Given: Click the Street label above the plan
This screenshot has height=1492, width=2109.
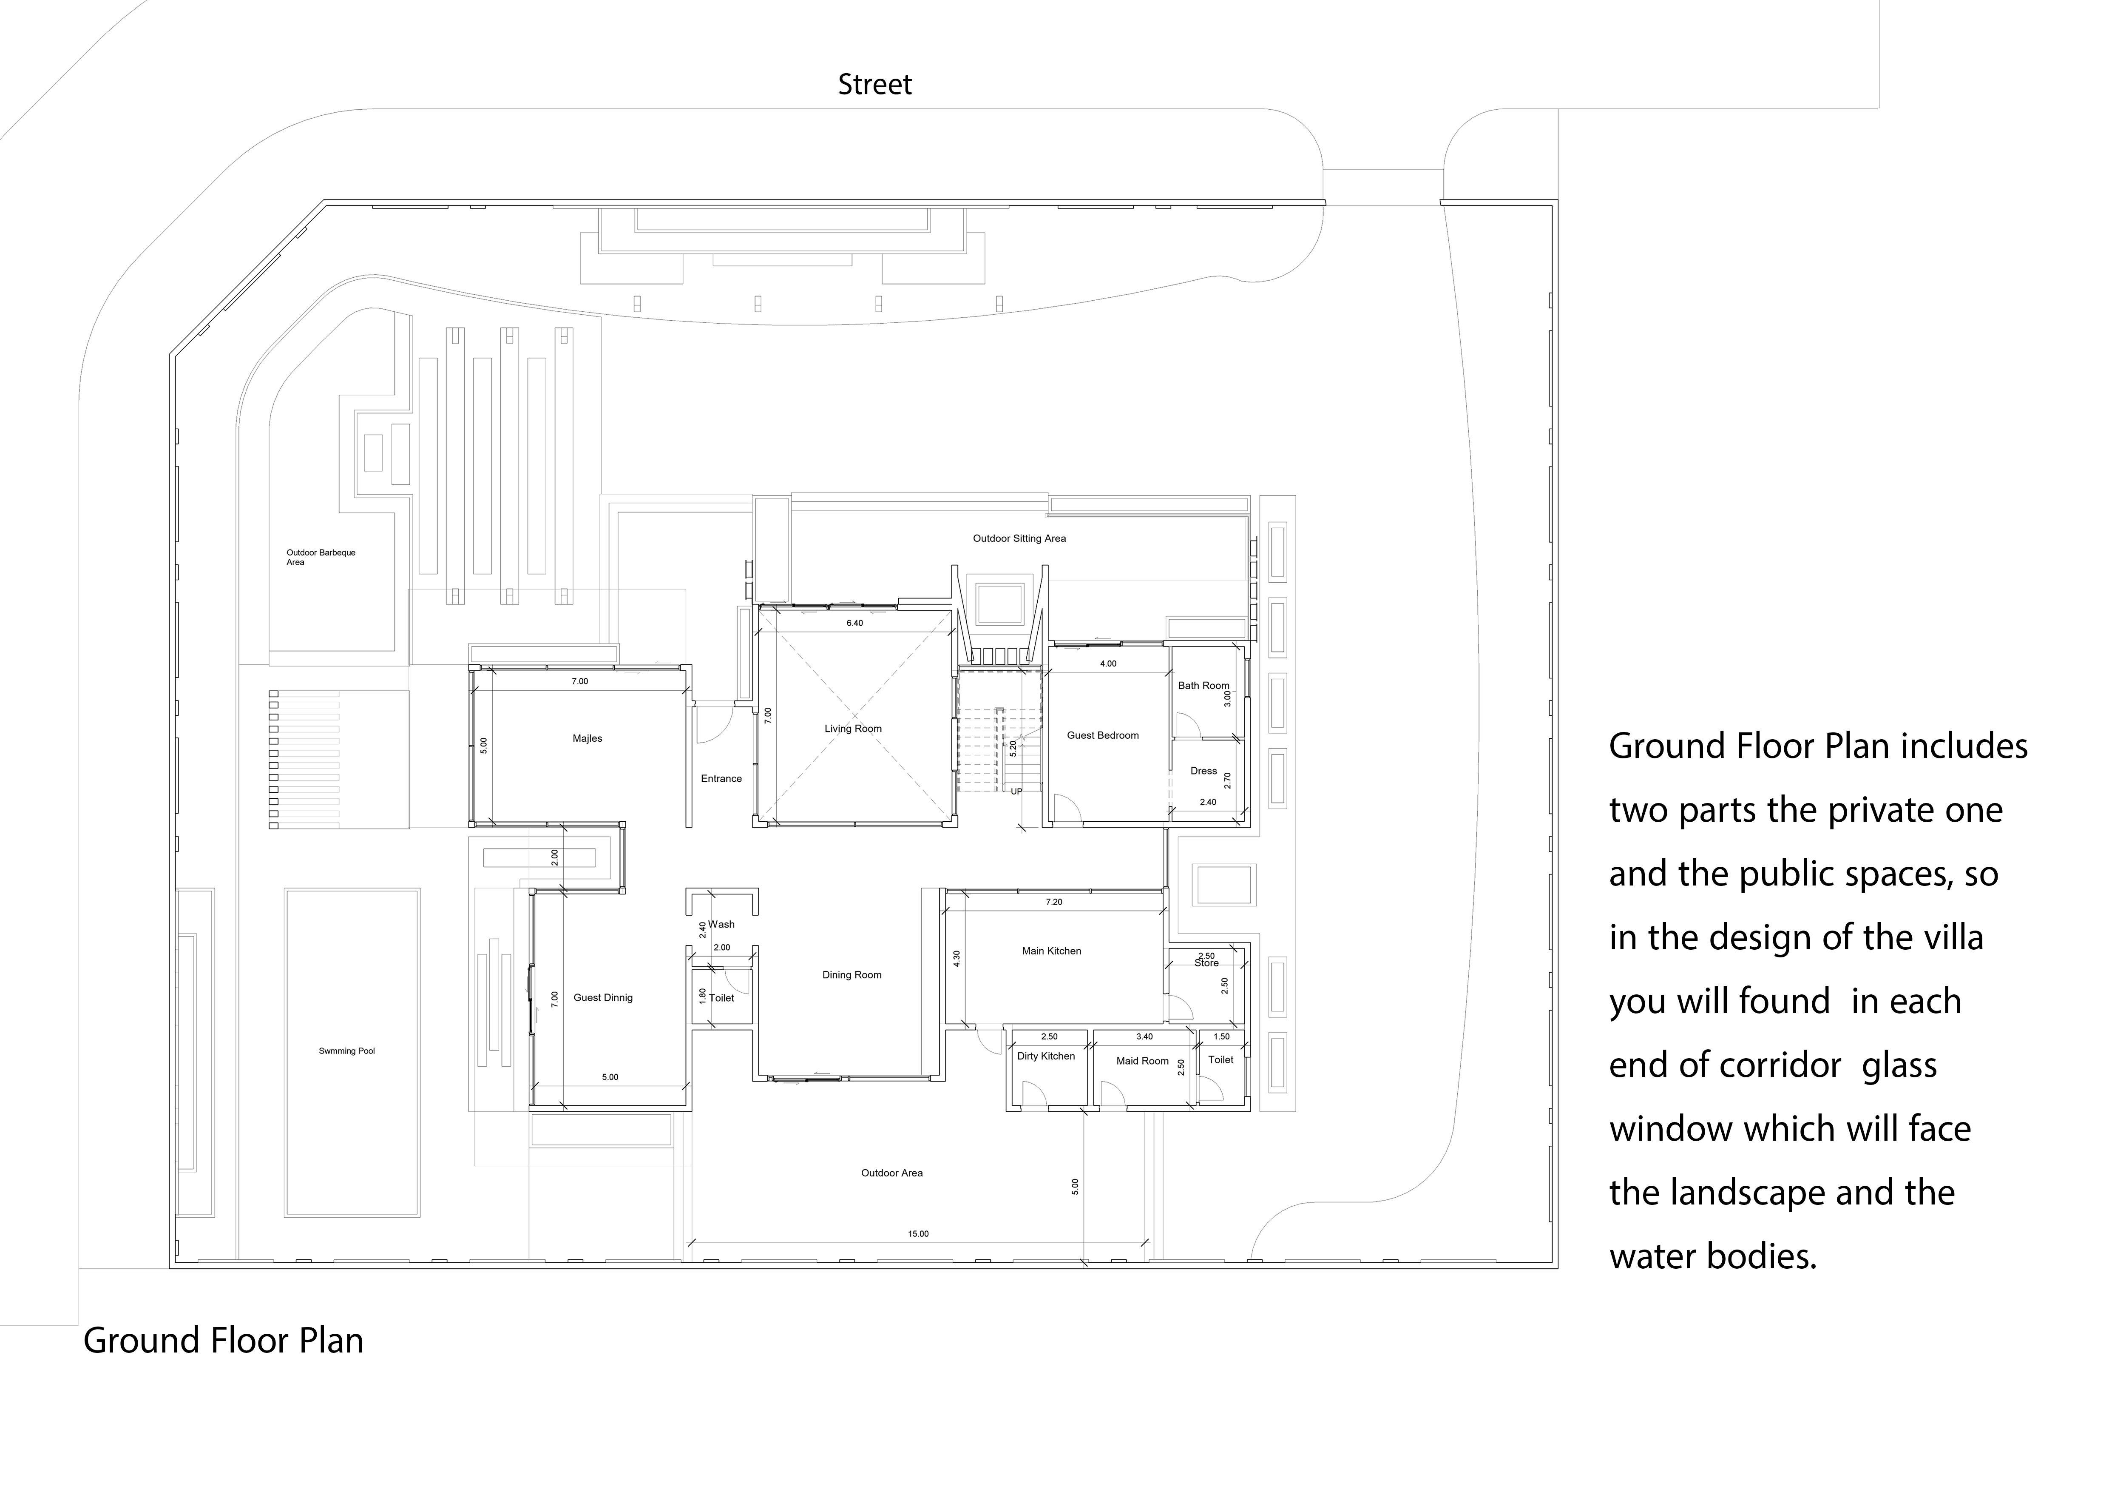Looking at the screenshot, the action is click(874, 85).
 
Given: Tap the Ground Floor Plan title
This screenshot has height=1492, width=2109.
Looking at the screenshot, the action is click(223, 1341).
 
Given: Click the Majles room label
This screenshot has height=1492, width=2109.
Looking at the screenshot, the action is click(587, 739).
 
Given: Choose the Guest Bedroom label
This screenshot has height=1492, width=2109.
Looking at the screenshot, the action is click(1102, 735).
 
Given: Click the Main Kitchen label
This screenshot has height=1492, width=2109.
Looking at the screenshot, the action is click(1051, 951).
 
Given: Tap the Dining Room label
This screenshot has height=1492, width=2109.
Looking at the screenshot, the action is click(852, 975).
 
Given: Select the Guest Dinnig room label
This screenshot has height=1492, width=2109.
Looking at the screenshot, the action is click(602, 998).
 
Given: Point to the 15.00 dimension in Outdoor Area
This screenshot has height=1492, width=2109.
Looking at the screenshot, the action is click(918, 1234).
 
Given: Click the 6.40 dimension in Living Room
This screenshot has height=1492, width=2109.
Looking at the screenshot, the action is click(854, 623).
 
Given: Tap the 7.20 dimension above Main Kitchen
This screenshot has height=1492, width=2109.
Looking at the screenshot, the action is click(1053, 902).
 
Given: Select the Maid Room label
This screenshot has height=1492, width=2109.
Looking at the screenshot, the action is click(1142, 1061).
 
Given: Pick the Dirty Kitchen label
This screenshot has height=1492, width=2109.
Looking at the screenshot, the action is click(1045, 1056).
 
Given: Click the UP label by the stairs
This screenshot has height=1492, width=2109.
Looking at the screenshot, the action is click(1016, 791).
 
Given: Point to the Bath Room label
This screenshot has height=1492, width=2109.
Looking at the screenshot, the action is click(1202, 685).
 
